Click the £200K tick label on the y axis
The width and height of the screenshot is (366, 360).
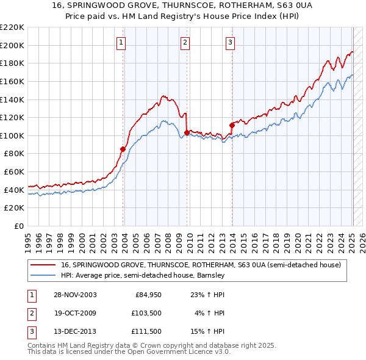[12, 45]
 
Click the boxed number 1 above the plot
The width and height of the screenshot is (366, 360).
[121, 42]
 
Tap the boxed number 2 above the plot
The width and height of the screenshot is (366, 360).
[185, 42]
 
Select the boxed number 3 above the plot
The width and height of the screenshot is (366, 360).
[230, 42]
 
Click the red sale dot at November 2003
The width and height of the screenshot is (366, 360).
[123, 149]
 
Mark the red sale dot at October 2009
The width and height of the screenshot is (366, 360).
[187, 132]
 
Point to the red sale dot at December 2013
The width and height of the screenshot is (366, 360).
[232, 125]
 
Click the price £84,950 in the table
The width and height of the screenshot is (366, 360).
[144, 295]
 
